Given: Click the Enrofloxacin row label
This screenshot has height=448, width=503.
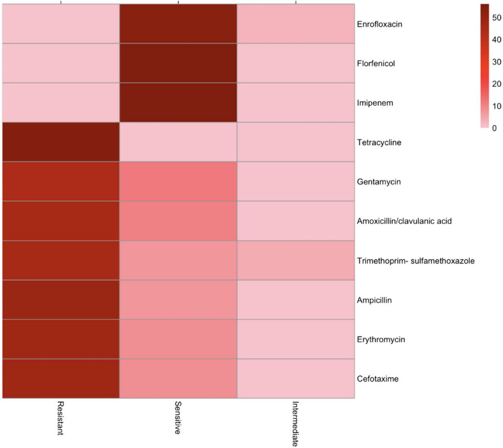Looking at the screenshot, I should click(x=380, y=24).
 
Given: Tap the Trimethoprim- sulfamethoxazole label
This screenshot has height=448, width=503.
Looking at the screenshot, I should click(x=415, y=261).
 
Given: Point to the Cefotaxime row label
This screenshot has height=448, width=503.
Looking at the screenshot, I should click(x=378, y=379).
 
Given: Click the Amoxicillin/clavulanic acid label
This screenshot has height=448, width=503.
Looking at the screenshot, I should click(x=405, y=221).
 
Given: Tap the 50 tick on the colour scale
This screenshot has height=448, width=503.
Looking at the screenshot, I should click(x=496, y=18).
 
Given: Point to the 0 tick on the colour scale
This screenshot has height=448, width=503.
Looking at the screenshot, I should click(x=494, y=128).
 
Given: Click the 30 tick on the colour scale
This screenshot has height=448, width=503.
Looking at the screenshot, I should click(x=496, y=62).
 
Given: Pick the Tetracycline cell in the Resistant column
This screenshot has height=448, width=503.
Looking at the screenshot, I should click(x=61, y=142).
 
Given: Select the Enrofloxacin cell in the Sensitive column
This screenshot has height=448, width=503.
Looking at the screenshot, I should click(x=178, y=24).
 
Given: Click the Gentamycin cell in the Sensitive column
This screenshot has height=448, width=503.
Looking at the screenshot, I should click(x=178, y=181).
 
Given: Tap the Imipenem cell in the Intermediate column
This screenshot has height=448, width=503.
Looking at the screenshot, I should click(x=295, y=103).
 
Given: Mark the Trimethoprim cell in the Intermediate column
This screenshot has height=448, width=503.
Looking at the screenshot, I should click(x=295, y=261).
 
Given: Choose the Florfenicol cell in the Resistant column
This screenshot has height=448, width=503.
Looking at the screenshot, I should click(x=61, y=63).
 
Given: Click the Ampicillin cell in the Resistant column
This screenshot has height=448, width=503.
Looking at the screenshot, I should click(x=61, y=300).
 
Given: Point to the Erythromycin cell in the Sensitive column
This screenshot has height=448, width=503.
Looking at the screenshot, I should click(x=178, y=340).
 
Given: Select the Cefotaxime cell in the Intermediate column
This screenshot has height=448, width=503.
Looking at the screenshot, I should click(x=295, y=379).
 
